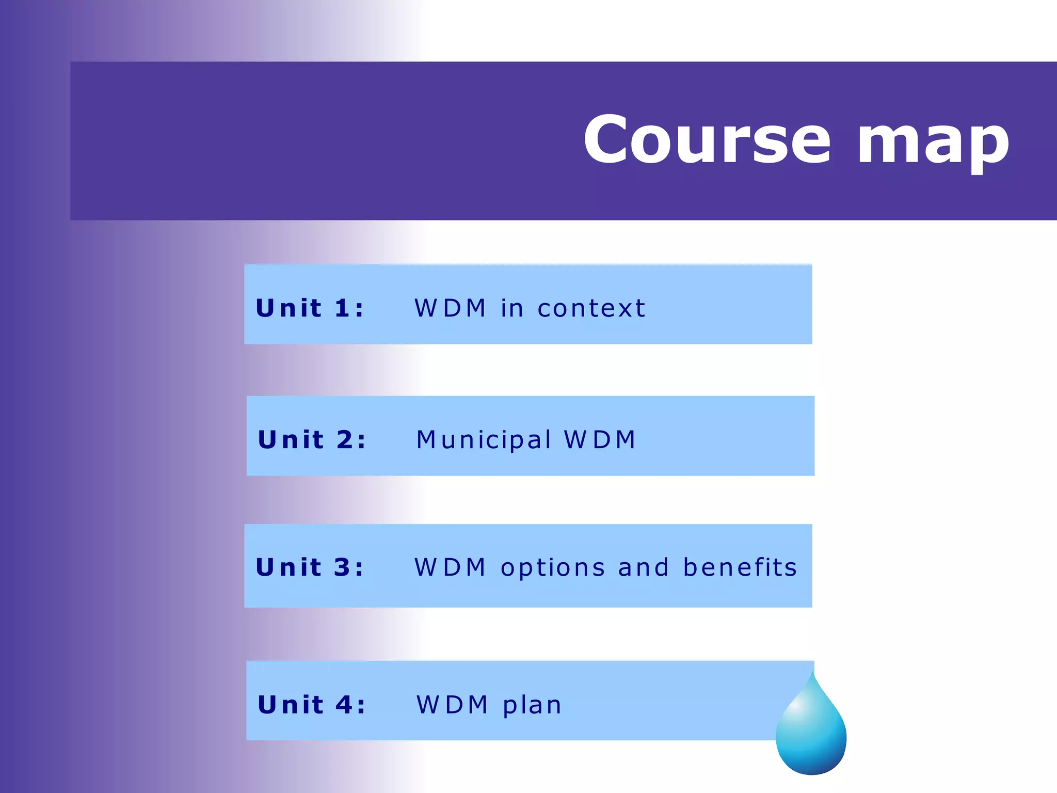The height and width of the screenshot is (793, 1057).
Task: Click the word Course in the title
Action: pos(707,140)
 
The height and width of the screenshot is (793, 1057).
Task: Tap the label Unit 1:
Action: pos(310,308)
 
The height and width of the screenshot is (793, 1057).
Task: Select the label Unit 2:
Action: pos(312,440)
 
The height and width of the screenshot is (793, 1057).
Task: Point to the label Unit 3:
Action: pos(310,567)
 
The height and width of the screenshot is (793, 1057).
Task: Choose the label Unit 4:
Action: pos(312,705)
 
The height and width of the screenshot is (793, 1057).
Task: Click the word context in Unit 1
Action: pos(591,309)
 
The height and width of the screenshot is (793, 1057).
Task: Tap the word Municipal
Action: pos(484,440)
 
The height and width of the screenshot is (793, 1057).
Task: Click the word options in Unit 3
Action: pos(553,568)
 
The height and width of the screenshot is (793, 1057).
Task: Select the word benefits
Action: pos(740,567)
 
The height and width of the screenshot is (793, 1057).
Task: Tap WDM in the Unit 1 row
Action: pos(450,308)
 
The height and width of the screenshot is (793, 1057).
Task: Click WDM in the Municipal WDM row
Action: pos(600,440)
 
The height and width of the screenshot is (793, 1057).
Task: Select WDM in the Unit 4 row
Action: pos(452,705)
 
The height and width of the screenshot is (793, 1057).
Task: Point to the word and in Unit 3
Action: pos(644,567)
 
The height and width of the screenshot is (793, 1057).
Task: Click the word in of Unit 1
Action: pos(512,308)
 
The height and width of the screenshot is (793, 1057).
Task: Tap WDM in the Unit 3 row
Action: pos(450,567)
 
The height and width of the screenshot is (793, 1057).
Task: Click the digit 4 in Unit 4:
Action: pos(344,705)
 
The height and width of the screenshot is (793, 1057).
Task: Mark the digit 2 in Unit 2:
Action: pos(345,440)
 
